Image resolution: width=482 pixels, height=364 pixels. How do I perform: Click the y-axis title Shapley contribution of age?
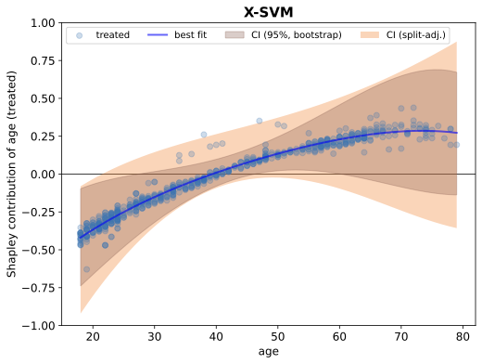pyautogui.click(x=12, y=174)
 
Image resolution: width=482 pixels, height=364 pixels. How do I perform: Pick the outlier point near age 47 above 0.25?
pyautogui.click(x=260, y=121)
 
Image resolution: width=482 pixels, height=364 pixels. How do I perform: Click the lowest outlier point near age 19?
pyautogui.click(x=86, y=269)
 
